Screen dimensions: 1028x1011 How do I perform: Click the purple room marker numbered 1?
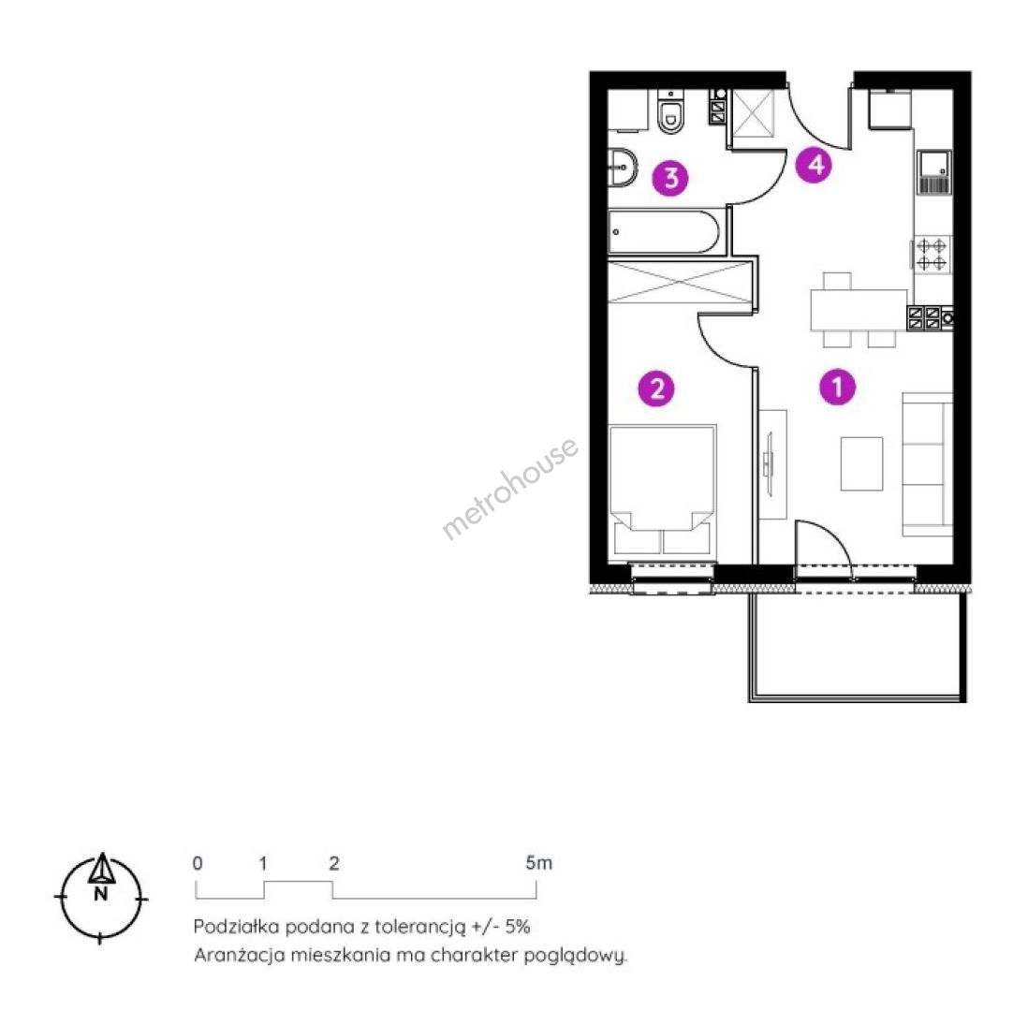837,387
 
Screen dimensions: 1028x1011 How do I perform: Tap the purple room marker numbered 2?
656,388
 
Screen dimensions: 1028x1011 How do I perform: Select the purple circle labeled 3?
670,178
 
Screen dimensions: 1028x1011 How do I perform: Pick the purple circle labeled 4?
814,165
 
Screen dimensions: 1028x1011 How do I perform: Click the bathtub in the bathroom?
664,231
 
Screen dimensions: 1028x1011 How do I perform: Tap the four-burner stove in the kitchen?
931,254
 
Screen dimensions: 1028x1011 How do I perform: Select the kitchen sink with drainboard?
934,172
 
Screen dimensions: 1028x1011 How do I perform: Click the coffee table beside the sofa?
861,463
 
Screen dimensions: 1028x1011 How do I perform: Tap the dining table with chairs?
859,310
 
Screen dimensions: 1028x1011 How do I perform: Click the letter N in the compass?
100,893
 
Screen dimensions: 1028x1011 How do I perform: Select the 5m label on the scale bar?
539,863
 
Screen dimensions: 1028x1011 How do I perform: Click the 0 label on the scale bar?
198,863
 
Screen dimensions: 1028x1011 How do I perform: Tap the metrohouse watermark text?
510,489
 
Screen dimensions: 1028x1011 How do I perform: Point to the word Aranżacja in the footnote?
240,955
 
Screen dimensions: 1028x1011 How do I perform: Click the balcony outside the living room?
858,647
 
